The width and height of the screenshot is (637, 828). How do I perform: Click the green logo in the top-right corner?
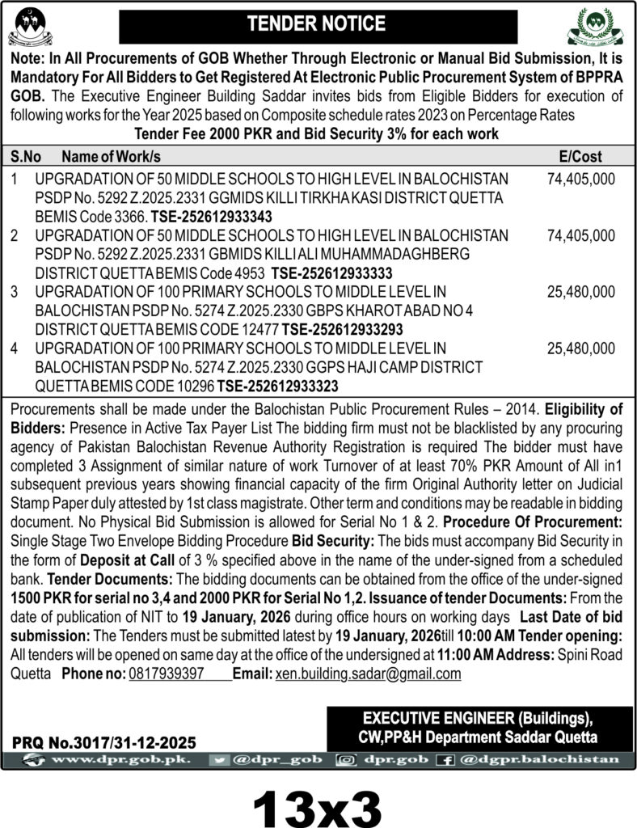click(597, 26)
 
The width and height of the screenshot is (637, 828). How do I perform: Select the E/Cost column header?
click(580, 157)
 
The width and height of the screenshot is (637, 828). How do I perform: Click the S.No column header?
click(27, 157)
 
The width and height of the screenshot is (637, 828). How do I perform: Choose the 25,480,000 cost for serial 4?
click(580, 349)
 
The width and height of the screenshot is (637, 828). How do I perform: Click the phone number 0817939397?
click(167, 674)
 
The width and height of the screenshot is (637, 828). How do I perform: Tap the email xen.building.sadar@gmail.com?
click(368, 674)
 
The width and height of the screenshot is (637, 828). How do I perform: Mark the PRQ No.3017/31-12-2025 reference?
click(104, 741)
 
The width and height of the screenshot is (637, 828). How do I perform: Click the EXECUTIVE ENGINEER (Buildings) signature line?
click(478, 719)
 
